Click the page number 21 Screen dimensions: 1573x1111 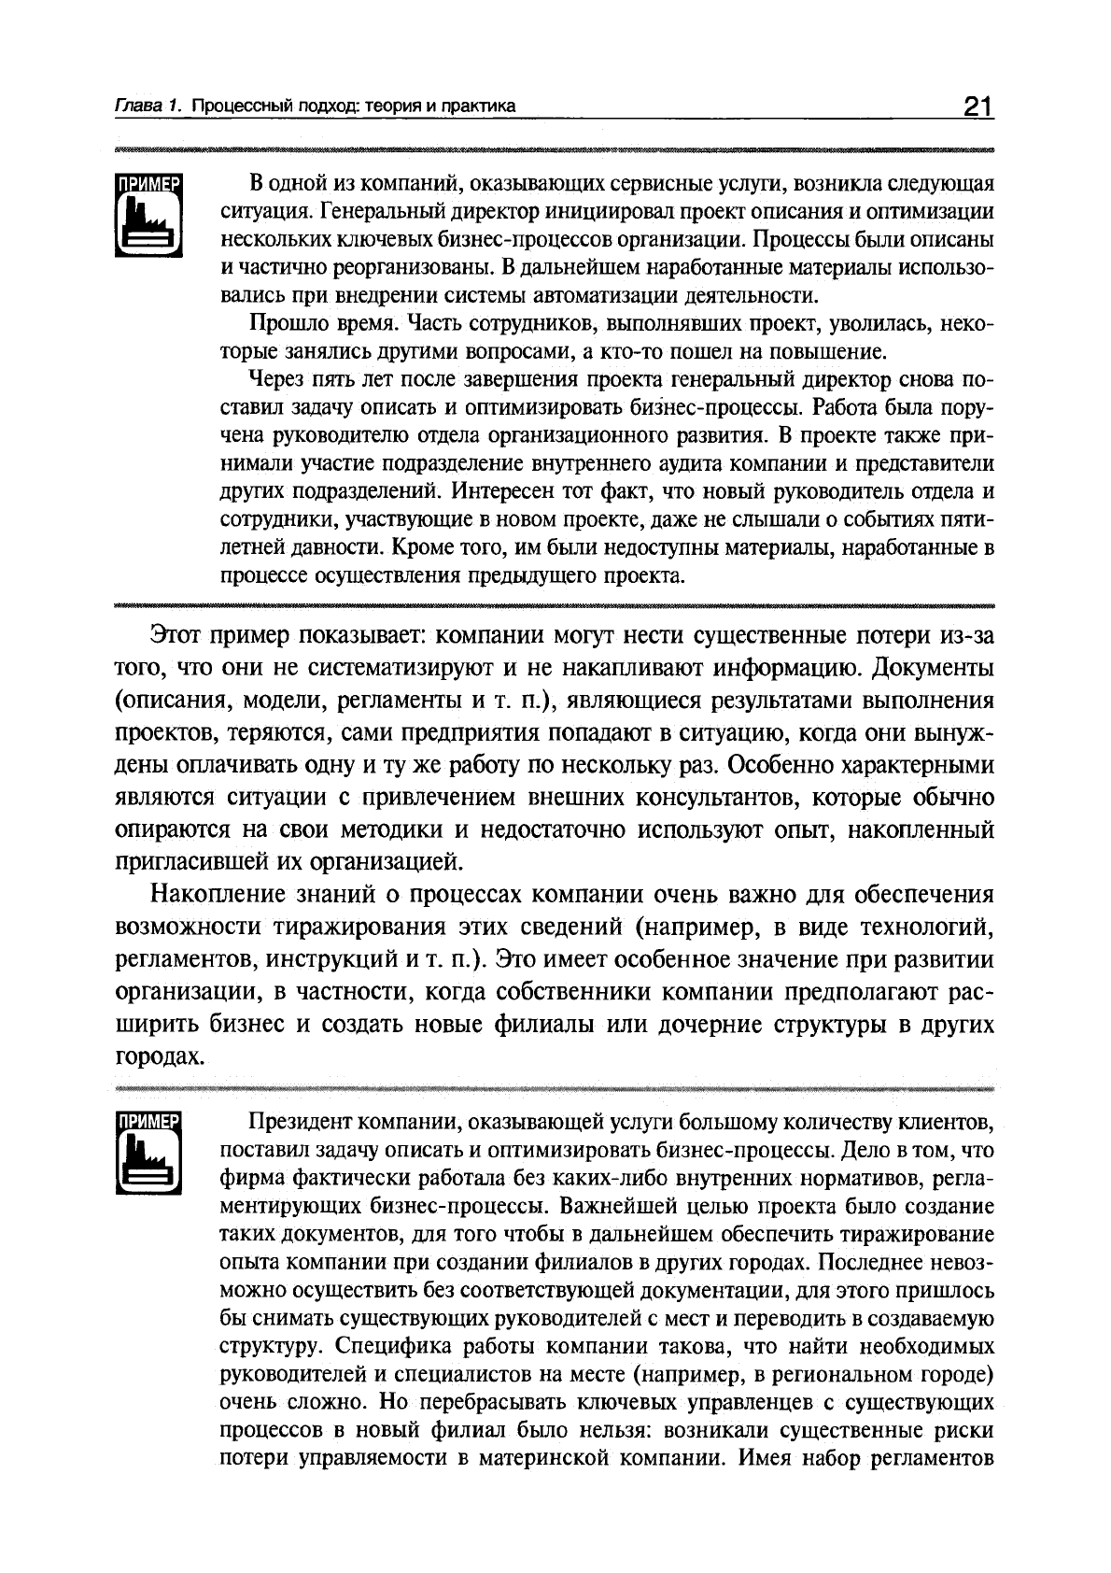click(977, 106)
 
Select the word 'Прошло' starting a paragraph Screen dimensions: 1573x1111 click(281, 324)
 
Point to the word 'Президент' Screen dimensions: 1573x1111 click(300, 1122)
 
